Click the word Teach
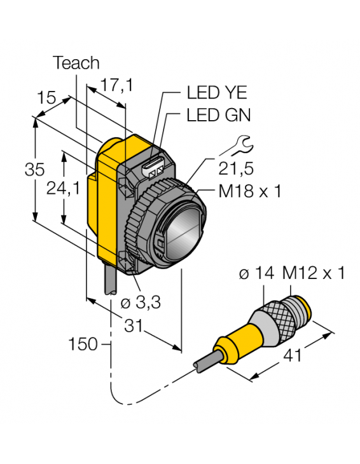(x=76, y=62)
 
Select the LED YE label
(x=212, y=93)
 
